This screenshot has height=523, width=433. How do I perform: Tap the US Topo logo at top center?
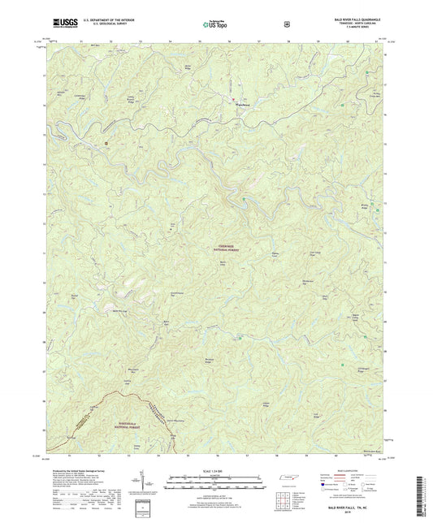pos(215,24)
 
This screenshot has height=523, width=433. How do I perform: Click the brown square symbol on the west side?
pos(107,144)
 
